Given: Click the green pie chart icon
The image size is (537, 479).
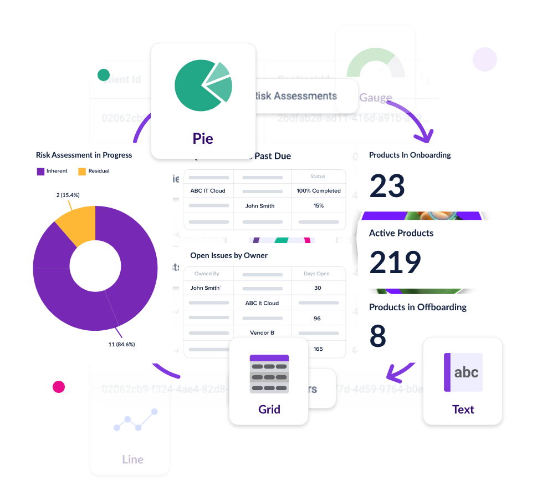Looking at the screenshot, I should (x=203, y=85).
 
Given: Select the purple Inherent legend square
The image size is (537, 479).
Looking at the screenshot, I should (x=40, y=172).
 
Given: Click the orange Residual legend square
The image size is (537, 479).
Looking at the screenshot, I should (x=82, y=172).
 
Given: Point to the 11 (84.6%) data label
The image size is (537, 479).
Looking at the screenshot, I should (x=121, y=344).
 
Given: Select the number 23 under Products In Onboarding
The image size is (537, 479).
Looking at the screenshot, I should (x=387, y=186).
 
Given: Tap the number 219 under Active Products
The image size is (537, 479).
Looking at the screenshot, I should (x=395, y=263).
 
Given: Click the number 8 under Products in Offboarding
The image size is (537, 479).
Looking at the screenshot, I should (x=377, y=336).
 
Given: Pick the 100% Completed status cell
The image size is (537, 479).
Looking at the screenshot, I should (x=319, y=191).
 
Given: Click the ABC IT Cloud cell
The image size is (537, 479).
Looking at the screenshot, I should (x=208, y=191).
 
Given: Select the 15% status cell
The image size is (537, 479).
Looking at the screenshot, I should (x=319, y=206).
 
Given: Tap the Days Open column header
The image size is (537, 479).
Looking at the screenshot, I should (x=317, y=274).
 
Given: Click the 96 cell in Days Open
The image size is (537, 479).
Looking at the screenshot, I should (x=318, y=319).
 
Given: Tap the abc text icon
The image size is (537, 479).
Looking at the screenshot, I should (x=463, y=372).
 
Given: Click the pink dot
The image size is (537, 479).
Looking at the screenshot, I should (x=59, y=387).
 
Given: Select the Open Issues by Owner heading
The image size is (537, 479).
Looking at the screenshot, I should (x=229, y=256).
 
